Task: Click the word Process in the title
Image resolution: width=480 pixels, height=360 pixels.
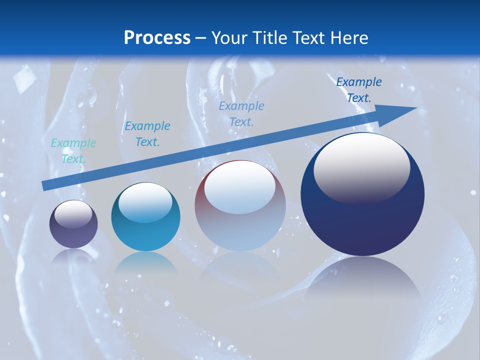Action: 157,38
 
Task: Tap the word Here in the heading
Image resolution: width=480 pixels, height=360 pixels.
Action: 349,38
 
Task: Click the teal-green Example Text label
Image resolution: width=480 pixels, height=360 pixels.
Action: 73,151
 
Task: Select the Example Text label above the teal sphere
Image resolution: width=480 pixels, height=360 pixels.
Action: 147,134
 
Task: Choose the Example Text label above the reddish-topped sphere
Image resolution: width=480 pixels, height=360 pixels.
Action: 241,113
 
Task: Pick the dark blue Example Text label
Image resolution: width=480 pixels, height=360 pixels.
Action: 359,90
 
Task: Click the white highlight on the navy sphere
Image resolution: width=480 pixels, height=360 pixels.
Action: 361,167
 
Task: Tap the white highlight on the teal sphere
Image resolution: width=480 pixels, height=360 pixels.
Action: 145,202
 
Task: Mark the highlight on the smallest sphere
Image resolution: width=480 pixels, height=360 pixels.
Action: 73,214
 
